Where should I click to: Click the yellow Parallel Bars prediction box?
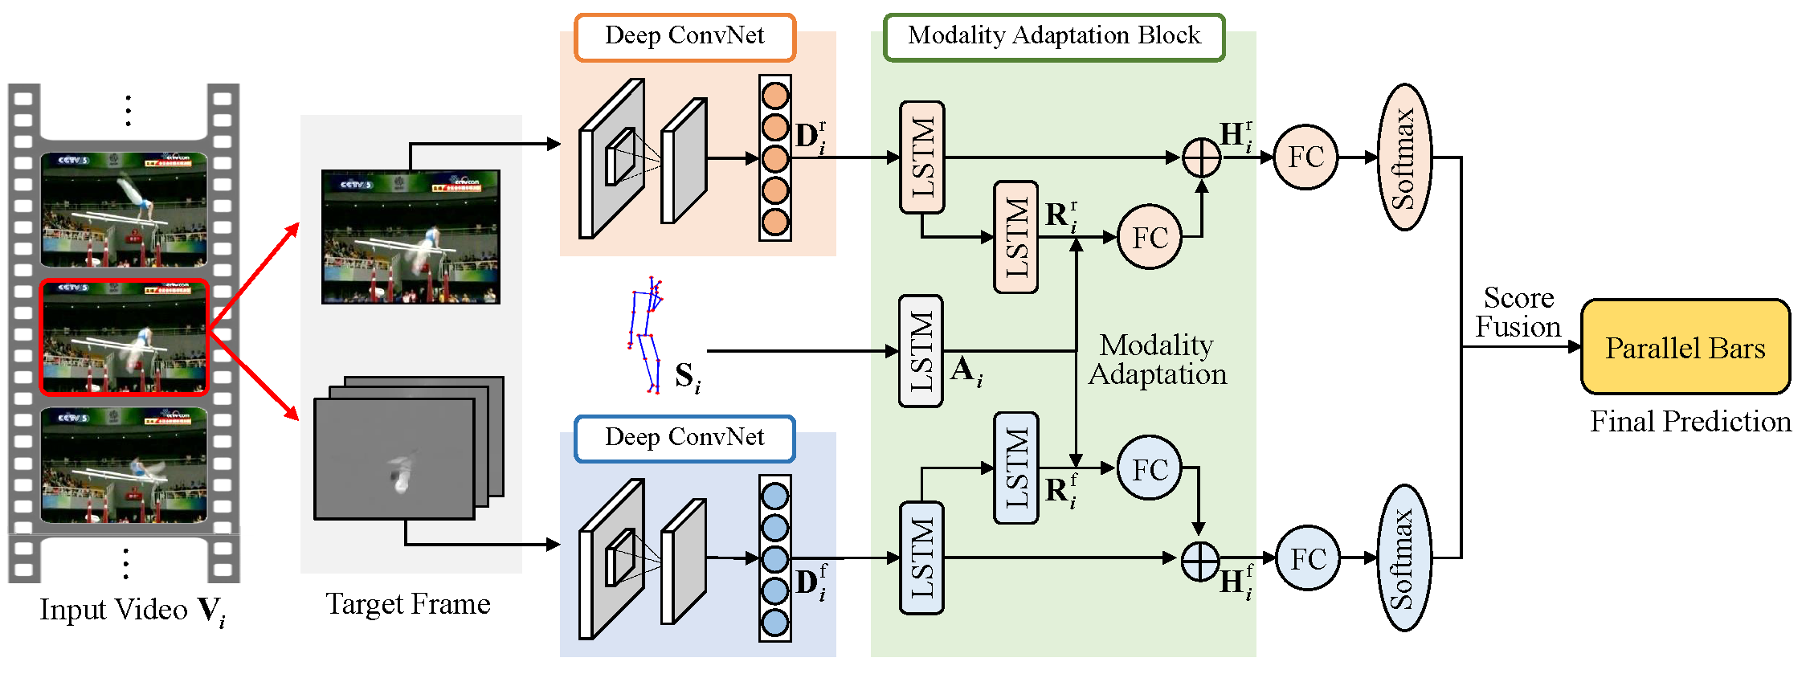click(1685, 347)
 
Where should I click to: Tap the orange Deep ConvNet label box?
click(684, 37)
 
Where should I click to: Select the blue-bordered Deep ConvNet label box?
click(684, 439)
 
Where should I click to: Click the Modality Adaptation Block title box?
click(1054, 37)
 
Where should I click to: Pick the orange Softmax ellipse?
click(1404, 157)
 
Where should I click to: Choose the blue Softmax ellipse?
click(1404, 558)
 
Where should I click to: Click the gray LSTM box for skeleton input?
click(921, 351)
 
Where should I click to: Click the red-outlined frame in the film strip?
click(125, 337)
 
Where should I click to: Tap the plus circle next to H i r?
click(1202, 157)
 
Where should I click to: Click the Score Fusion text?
click(1518, 312)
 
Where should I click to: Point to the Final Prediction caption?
click(1690, 422)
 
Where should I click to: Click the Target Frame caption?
click(408, 604)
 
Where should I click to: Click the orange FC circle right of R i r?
click(1150, 237)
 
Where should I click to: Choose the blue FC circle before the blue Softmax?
click(1307, 558)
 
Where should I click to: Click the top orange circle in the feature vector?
click(774, 96)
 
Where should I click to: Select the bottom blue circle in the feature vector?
click(774, 623)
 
